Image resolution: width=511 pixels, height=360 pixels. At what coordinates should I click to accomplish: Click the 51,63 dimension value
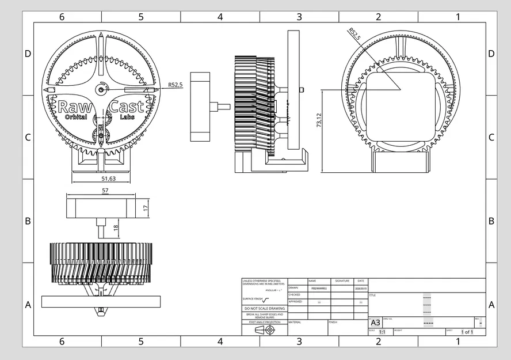[105, 179]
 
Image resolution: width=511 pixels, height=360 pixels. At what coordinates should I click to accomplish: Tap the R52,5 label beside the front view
[176, 85]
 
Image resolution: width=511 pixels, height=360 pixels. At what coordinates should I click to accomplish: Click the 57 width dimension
[105, 190]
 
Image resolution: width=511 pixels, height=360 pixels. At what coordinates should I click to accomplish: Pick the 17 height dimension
[146, 207]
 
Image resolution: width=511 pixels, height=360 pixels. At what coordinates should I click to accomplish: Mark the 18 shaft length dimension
[116, 228]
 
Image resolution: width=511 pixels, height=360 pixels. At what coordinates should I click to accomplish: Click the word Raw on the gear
[71, 107]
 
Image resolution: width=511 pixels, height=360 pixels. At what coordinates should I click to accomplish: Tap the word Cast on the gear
[126, 107]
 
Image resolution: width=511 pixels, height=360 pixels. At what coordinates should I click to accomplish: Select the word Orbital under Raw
[75, 118]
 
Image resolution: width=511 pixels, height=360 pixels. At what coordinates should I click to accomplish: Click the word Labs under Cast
[126, 118]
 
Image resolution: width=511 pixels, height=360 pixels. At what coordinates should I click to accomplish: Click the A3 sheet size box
[375, 323]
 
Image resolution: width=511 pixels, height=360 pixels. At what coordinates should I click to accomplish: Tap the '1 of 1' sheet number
[467, 332]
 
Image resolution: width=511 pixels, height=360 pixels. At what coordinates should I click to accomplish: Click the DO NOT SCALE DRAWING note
[264, 309]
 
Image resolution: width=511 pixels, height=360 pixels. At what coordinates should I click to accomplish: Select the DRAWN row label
[293, 287]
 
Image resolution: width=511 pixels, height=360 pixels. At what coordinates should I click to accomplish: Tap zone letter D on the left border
[28, 54]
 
